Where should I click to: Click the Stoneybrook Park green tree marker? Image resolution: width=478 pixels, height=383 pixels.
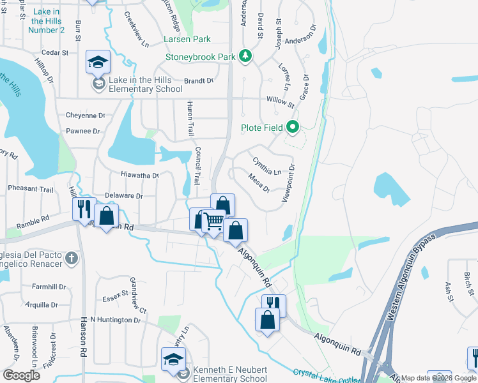tap(245, 57)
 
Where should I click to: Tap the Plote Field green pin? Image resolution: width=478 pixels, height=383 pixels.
tap(293, 128)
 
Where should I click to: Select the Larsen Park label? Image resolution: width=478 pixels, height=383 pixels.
tap(187, 40)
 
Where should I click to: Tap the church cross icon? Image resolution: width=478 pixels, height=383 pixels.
tap(72, 259)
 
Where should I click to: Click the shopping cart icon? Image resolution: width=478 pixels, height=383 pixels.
tap(215, 222)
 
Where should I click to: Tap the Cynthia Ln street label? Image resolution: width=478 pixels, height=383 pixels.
tap(267, 167)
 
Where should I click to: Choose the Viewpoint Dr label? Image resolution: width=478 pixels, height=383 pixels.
tap(288, 184)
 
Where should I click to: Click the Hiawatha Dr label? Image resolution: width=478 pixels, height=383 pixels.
tap(139, 174)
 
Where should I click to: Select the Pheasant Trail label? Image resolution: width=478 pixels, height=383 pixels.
tap(31, 189)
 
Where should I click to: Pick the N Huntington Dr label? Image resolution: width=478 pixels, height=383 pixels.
tap(115, 319)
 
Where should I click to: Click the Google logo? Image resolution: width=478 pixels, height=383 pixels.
tap(21, 375)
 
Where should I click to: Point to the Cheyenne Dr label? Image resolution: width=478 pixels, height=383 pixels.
tap(85, 116)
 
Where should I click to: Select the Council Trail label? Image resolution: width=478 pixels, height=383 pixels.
tap(198, 167)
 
